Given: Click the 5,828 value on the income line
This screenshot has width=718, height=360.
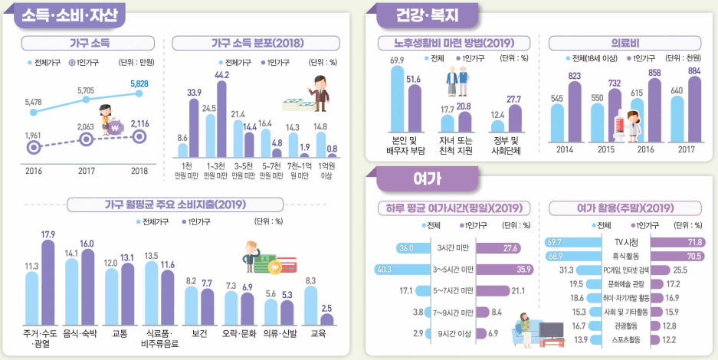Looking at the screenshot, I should (139, 83).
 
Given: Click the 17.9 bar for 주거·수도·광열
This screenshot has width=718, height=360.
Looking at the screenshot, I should (48, 287).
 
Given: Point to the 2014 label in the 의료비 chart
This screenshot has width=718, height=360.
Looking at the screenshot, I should (565, 149).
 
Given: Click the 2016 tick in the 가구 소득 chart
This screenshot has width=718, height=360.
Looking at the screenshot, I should (33, 170).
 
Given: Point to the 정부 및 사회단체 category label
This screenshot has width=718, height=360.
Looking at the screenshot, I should (505, 145).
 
